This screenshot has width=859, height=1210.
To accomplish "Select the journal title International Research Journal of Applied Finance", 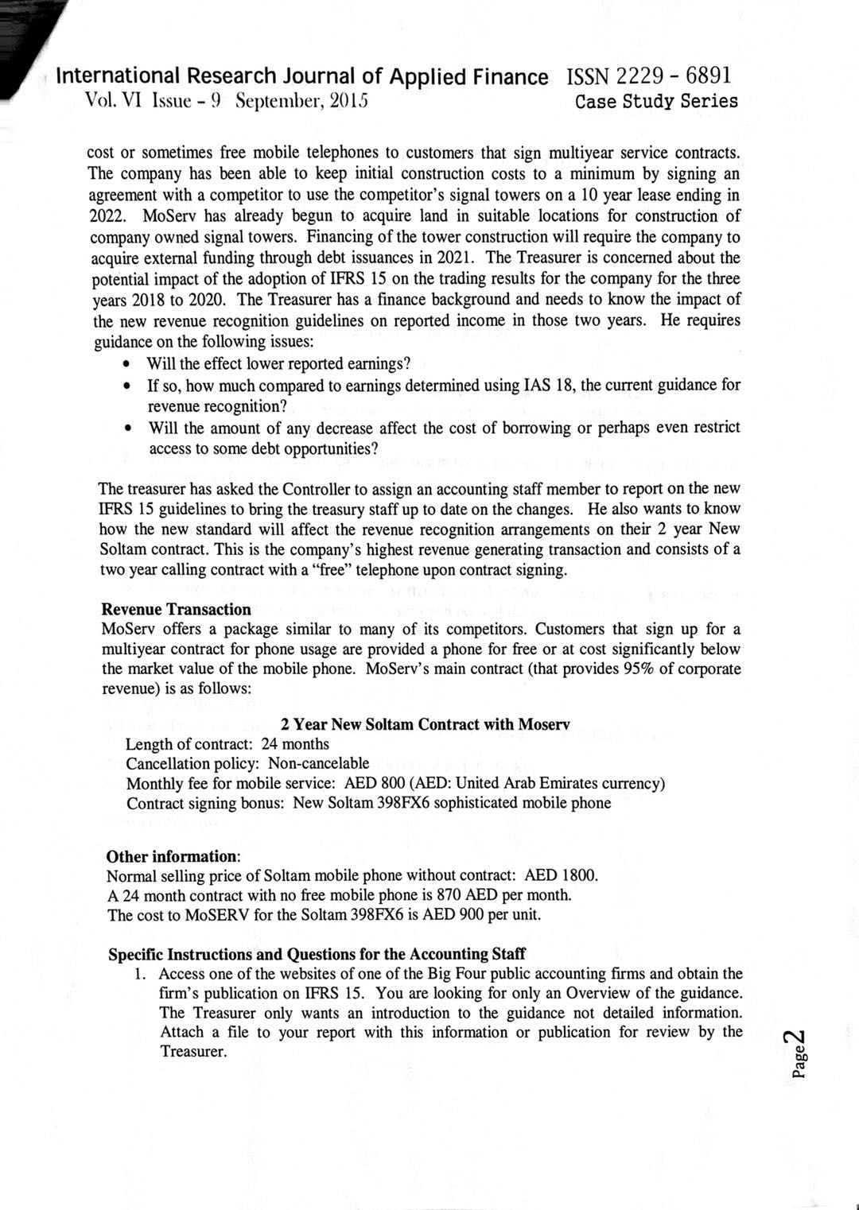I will pos(303,77).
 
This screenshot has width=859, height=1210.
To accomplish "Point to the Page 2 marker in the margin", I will pos(799,1053).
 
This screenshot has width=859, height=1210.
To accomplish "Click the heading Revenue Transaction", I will pos(176,610).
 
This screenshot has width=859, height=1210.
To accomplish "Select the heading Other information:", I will pos(173,856).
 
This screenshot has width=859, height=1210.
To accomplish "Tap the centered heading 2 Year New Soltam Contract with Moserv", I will pos(425,724).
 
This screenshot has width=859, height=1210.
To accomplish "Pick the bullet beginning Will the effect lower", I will pos(278,364).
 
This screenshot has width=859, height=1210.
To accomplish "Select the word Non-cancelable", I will pos(318,763).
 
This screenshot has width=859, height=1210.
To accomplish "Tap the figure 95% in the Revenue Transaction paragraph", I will pos(638,668).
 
